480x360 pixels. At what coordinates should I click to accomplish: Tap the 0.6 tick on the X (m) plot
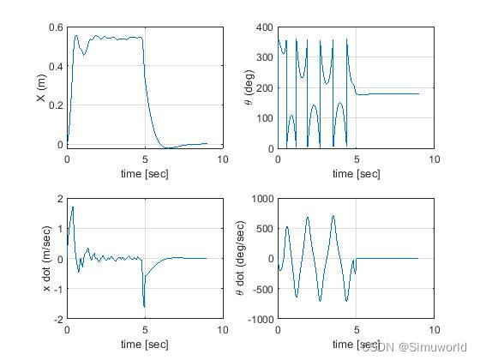54,27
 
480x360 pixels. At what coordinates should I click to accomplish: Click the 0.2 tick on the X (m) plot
54,105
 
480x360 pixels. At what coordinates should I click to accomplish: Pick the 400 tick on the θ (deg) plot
264,27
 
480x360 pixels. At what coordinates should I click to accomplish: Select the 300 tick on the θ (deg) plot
264,57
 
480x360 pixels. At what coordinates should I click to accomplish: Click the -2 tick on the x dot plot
57,319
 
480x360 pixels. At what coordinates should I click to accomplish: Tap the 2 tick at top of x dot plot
59,199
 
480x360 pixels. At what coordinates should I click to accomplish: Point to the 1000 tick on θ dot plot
261,199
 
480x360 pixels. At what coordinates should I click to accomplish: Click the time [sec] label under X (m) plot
145,173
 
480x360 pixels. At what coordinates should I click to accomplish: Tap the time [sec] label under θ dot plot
356,345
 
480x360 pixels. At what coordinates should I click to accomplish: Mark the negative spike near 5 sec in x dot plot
144,305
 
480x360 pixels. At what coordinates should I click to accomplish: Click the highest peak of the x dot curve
73,207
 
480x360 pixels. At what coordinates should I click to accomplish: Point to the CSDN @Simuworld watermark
417,347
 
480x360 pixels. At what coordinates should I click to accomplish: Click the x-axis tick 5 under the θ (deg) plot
356,159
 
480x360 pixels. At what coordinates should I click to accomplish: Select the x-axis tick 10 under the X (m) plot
223,159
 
